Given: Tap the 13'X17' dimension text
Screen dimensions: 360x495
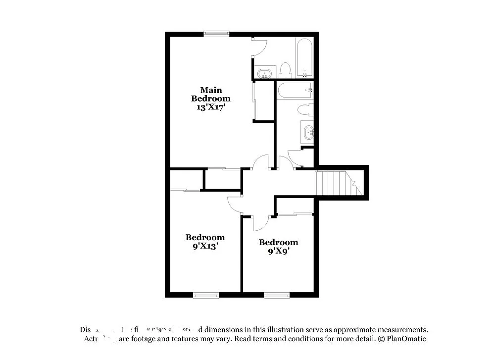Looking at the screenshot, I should [x=211, y=106].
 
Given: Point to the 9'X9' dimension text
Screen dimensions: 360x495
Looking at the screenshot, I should [x=278, y=251].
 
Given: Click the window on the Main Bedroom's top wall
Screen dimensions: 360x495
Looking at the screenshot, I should [x=216, y=34].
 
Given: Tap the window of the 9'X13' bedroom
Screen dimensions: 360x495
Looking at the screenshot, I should [x=205, y=295].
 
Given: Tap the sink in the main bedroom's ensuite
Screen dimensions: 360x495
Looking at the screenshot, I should [x=265, y=73].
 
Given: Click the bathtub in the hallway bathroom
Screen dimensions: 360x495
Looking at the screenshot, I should [x=295, y=91].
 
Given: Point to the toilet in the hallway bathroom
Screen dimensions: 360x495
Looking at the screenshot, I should [x=304, y=109].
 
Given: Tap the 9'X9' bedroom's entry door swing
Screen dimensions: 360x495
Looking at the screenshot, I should [x=259, y=223].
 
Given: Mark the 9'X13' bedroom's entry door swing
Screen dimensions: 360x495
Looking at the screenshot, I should [x=235, y=203].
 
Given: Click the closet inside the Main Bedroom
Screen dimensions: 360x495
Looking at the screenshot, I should [x=264, y=101].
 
